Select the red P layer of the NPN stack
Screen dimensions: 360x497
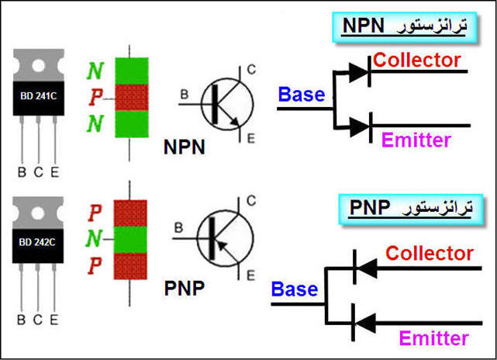[131, 97]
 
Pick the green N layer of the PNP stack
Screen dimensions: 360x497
[131, 239]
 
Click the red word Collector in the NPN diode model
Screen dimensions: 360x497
[416, 60]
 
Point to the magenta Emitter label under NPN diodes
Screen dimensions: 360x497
[416, 140]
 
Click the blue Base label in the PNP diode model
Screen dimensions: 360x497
[295, 289]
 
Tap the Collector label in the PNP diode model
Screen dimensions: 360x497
[430, 253]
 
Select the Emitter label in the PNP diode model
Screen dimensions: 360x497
[433, 338]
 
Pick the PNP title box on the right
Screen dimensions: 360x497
[410, 209]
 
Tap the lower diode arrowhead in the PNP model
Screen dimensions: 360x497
[364, 318]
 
